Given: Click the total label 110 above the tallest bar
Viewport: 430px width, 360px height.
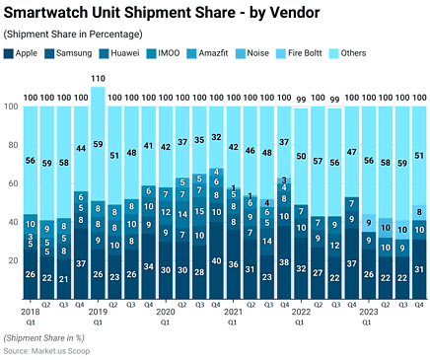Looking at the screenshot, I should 98,78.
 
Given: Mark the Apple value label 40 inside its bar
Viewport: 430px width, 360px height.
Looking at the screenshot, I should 216,261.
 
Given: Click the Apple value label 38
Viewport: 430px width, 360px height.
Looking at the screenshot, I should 284,263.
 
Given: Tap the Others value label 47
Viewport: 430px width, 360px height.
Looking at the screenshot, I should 351,152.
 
